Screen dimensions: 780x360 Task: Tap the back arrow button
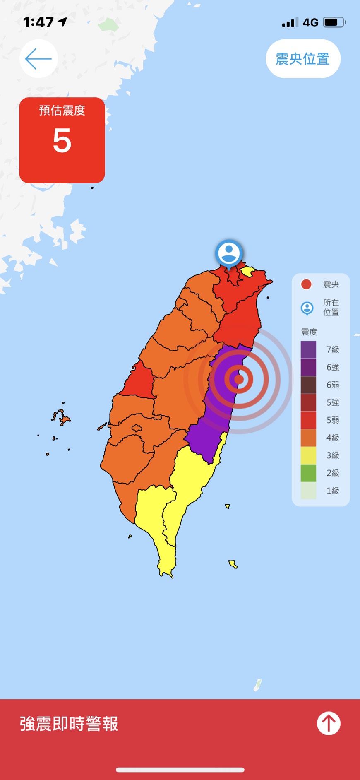click(38, 59)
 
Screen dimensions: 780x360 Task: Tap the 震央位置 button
click(303, 59)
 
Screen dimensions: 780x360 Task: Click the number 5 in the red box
click(62, 141)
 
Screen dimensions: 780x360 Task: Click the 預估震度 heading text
click(62, 110)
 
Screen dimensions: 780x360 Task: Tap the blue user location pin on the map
click(229, 253)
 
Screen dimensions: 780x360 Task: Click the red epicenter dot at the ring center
click(239, 379)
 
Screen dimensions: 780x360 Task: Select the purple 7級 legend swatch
click(308, 349)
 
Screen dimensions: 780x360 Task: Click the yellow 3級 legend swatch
click(308, 455)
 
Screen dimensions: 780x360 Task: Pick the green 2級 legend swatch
click(308, 473)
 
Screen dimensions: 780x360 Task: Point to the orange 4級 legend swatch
click(308, 438)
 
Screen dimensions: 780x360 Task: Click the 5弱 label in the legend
click(333, 420)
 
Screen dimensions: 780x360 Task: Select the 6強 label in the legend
click(333, 367)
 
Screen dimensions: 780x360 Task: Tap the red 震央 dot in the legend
click(306, 284)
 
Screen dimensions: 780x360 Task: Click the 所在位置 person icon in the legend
click(307, 308)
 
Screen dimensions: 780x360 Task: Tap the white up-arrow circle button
click(329, 723)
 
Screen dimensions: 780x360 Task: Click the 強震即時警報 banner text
click(69, 724)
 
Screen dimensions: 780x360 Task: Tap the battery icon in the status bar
click(334, 22)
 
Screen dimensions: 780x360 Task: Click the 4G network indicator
click(310, 22)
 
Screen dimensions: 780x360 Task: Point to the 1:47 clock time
click(38, 22)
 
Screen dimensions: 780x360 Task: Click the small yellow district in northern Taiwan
click(248, 272)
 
